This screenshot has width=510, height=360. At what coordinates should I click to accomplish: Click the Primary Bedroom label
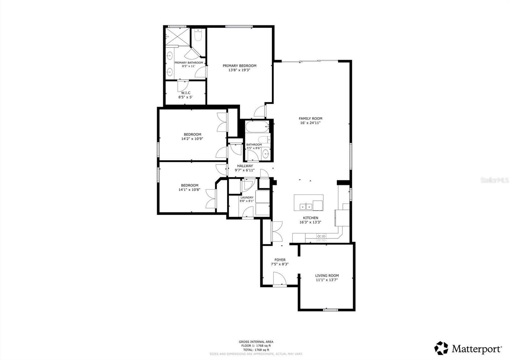pyautogui.click(x=239, y=66)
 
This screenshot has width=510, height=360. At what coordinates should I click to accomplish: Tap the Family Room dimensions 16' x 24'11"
pyautogui.click(x=310, y=123)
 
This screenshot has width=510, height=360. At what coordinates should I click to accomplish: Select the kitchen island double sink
pyautogui.click(x=306, y=207)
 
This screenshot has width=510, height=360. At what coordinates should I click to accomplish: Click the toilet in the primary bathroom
pyautogui.click(x=198, y=36)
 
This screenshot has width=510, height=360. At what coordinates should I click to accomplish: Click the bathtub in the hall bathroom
pyautogui.click(x=257, y=127)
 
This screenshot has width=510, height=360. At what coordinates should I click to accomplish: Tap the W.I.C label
pyautogui.click(x=186, y=93)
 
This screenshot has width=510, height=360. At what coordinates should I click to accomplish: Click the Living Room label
pyautogui.click(x=327, y=276)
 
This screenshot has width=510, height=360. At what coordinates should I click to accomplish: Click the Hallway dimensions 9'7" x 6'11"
pyautogui.click(x=244, y=170)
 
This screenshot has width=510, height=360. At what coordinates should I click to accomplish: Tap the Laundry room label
pyautogui.click(x=247, y=198)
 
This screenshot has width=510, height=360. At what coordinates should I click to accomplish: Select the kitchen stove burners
pyautogui.click(x=321, y=236)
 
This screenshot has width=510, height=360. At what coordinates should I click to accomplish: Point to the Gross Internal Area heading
pyautogui.click(x=256, y=342)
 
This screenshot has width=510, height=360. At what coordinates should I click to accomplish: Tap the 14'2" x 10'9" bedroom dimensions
pyautogui.click(x=192, y=139)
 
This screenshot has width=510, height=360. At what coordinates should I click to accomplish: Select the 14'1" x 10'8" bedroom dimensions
pyautogui.click(x=189, y=190)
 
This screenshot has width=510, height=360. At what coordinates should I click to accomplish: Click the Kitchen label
pyautogui.click(x=310, y=218)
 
